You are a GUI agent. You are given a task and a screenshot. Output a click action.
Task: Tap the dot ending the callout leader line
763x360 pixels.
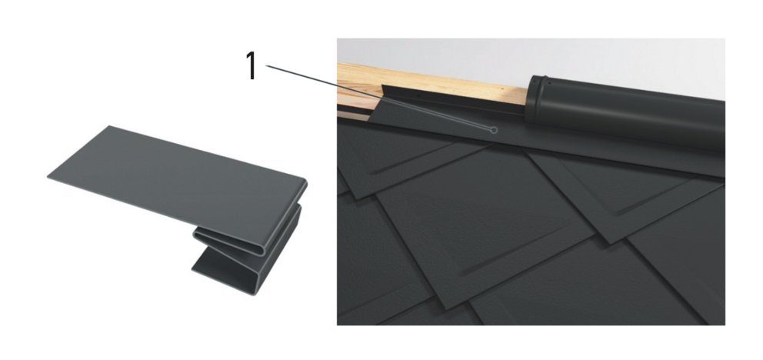click(x=494, y=130)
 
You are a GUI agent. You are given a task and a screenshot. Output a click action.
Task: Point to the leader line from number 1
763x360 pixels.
click(x=379, y=98)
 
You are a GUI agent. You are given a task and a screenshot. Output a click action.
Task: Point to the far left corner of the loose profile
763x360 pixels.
click(x=48, y=177)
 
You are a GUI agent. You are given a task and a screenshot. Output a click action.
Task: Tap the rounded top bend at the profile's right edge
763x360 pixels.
click(x=303, y=184)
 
